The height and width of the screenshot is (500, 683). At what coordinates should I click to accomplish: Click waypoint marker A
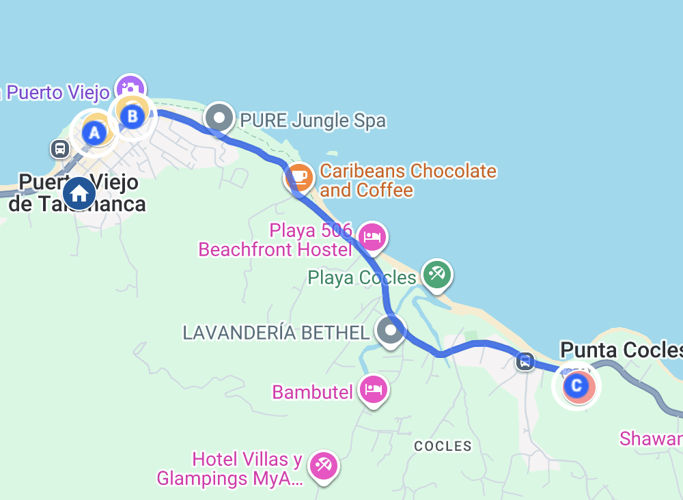coord(95,133)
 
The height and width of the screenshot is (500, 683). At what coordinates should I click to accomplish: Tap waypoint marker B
coord(133,116)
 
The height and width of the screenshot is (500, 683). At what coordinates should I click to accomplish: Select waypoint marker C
coord(576,387)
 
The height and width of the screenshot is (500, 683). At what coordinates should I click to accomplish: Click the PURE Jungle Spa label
coord(313,122)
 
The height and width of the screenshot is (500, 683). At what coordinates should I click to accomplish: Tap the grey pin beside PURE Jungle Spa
coord(219,118)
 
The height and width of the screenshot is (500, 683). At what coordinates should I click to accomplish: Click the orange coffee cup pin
coord(299,178)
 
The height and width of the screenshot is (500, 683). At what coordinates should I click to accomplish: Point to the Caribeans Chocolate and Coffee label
coord(408,180)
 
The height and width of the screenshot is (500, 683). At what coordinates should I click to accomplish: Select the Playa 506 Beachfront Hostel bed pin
coord(372,237)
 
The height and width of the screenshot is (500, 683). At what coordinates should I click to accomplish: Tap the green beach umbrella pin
coord(437,275)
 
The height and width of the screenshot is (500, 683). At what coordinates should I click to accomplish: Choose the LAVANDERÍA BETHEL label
coord(276,333)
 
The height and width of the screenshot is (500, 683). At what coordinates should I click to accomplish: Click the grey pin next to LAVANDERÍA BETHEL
coord(391,331)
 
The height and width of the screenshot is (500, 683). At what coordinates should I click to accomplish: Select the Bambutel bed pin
coord(373,390)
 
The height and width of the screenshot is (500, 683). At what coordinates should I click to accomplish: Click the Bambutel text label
coord(312,392)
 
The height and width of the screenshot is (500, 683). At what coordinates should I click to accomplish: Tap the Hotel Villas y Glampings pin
coord(322,466)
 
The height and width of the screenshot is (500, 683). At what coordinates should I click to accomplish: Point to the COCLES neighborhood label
coord(443,446)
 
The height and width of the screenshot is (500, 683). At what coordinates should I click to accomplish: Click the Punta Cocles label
coord(620,350)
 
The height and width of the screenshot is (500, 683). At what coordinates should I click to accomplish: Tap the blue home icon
coord(79,193)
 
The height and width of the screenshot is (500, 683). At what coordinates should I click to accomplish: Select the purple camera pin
coord(130,88)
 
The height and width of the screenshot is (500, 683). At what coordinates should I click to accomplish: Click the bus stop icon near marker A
coord(60,148)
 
